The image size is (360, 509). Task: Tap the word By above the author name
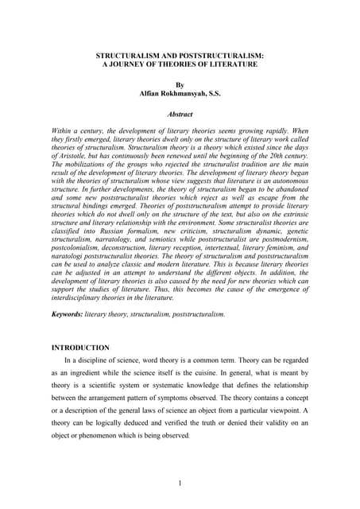(180, 84)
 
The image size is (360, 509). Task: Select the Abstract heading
(180, 115)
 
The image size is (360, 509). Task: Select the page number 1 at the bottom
(180, 483)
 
